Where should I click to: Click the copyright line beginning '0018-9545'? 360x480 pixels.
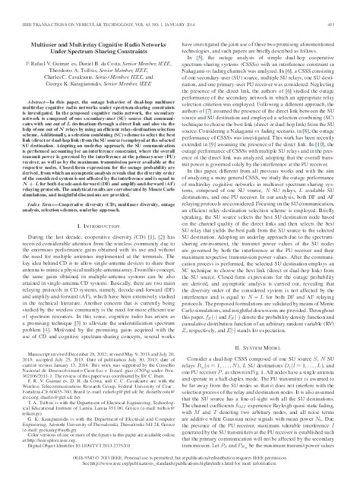point(180,459)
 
